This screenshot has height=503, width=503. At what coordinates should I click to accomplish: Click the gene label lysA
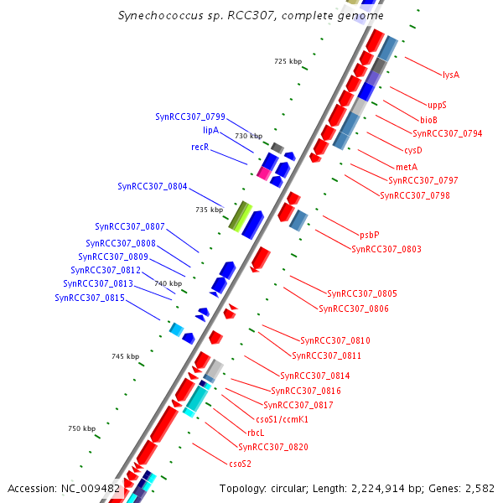[450, 75]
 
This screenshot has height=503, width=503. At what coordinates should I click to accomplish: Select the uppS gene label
[437, 105]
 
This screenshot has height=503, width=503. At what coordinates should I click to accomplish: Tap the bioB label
[428, 120]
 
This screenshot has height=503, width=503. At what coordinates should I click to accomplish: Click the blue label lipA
[210, 131]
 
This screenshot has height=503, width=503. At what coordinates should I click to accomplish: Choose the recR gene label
[200, 148]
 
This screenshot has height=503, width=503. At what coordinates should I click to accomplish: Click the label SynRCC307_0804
[153, 187]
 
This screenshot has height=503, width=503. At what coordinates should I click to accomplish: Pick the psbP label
[370, 235]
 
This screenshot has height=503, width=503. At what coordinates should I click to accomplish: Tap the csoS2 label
[240, 463]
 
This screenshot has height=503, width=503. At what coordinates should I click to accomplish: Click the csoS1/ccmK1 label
[281, 418]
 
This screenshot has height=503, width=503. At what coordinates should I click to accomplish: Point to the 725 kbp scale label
[288, 62]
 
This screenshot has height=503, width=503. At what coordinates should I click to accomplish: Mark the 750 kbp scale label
[81, 429]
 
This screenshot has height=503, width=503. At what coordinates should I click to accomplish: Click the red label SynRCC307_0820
[273, 447]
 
